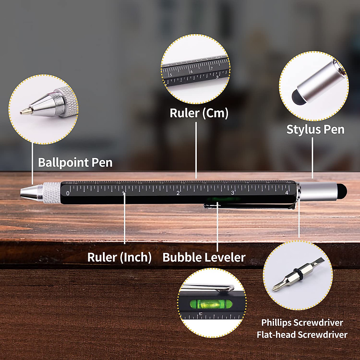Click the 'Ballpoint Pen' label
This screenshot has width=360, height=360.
(75, 163)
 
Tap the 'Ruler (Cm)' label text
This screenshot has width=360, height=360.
(199, 113)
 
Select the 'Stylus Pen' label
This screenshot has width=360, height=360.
(315, 130)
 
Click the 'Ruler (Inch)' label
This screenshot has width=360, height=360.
(119, 257)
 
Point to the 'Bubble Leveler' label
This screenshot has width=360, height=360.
(204, 257)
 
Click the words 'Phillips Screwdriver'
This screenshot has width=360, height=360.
(302, 323)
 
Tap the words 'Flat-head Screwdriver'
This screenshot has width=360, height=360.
(302, 334)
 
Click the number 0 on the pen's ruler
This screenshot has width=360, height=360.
(68, 193)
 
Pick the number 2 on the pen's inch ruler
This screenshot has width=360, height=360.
(178, 193)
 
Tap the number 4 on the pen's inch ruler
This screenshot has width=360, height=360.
(287, 193)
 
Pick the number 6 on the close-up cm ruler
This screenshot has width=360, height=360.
(191, 72)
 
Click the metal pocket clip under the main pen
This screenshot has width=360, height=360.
(249, 206)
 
